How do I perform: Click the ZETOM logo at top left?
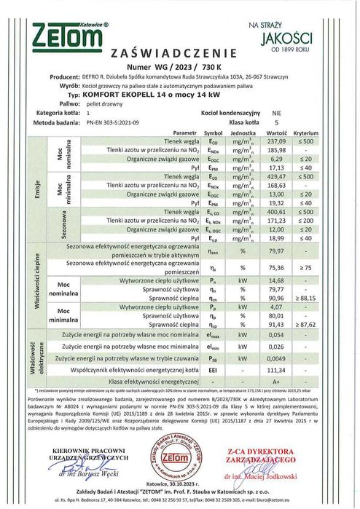point(70,35)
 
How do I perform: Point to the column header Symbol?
point(212,134)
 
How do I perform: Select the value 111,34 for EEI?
point(274,369)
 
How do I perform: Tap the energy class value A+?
point(274,381)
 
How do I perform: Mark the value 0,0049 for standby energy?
point(274,358)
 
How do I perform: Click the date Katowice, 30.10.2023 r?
point(179,483)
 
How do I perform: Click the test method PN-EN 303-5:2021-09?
point(116,124)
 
